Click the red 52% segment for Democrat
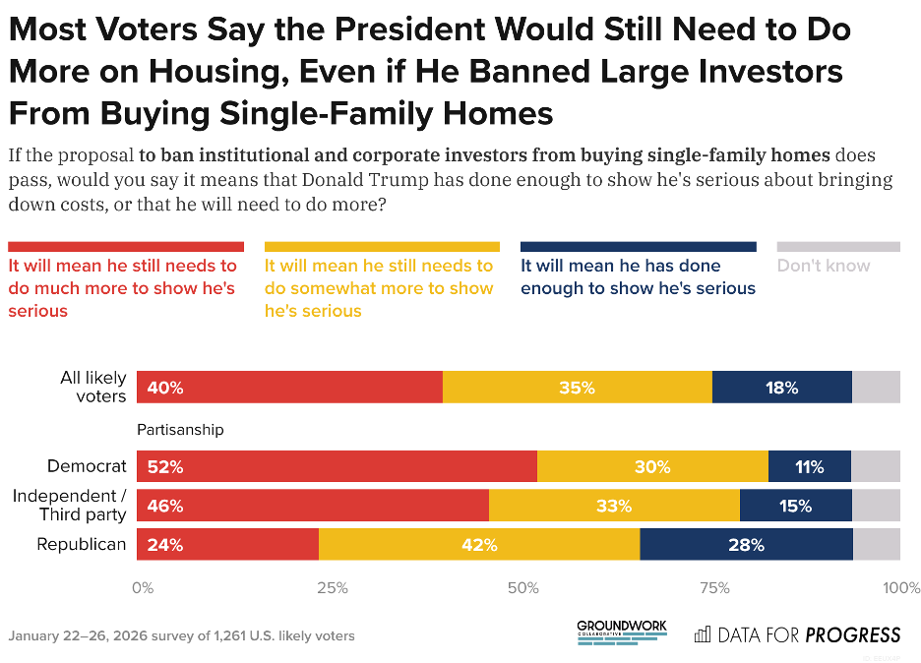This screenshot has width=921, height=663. (x=337, y=466)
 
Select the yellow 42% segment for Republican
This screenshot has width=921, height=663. (x=478, y=544)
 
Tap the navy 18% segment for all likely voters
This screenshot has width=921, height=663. (x=781, y=388)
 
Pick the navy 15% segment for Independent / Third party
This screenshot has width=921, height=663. (x=795, y=506)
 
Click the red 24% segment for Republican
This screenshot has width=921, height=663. (x=227, y=544)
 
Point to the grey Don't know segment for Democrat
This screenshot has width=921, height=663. (x=875, y=466)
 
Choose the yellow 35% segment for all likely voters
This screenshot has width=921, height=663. (x=577, y=388)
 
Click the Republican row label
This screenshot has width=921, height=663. (x=82, y=544)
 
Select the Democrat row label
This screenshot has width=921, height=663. (x=88, y=466)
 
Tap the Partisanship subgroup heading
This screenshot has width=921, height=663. (x=180, y=430)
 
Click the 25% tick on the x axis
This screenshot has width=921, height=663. (x=333, y=588)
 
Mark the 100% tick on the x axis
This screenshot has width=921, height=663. (x=900, y=588)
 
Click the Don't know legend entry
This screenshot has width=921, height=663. (x=824, y=266)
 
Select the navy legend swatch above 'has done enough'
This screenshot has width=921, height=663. (x=638, y=247)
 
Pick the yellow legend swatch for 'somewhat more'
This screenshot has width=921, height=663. (x=382, y=247)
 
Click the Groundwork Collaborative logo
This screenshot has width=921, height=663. (x=621, y=632)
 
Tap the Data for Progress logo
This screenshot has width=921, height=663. (x=797, y=634)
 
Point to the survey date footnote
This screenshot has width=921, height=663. (x=182, y=635)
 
